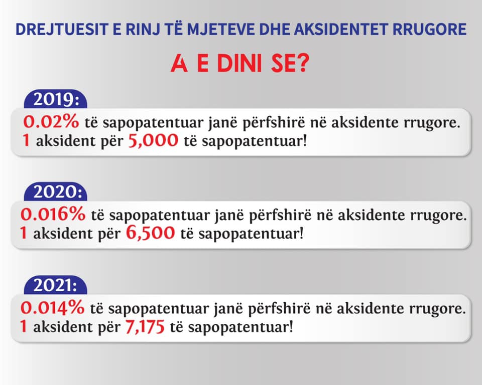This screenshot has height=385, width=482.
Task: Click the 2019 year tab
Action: pos(56,99)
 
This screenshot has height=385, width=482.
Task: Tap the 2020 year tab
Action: pos(56,192)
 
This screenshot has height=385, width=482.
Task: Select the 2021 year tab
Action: pos(56,285)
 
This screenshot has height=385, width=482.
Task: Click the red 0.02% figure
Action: pos(51,122)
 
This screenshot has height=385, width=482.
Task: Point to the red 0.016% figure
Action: pos(53,214)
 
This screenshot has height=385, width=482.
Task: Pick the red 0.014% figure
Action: pos(52,307)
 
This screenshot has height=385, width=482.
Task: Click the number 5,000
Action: pos(153,140)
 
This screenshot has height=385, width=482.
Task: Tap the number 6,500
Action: pos(150,233)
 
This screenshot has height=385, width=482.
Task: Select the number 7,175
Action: pos(145,326)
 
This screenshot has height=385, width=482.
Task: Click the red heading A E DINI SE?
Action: pos(240,64)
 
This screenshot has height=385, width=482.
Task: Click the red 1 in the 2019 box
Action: pos(27,140)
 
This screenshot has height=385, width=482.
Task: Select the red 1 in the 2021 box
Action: pos(24,326)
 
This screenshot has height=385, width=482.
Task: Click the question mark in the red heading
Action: pos(303,64)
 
